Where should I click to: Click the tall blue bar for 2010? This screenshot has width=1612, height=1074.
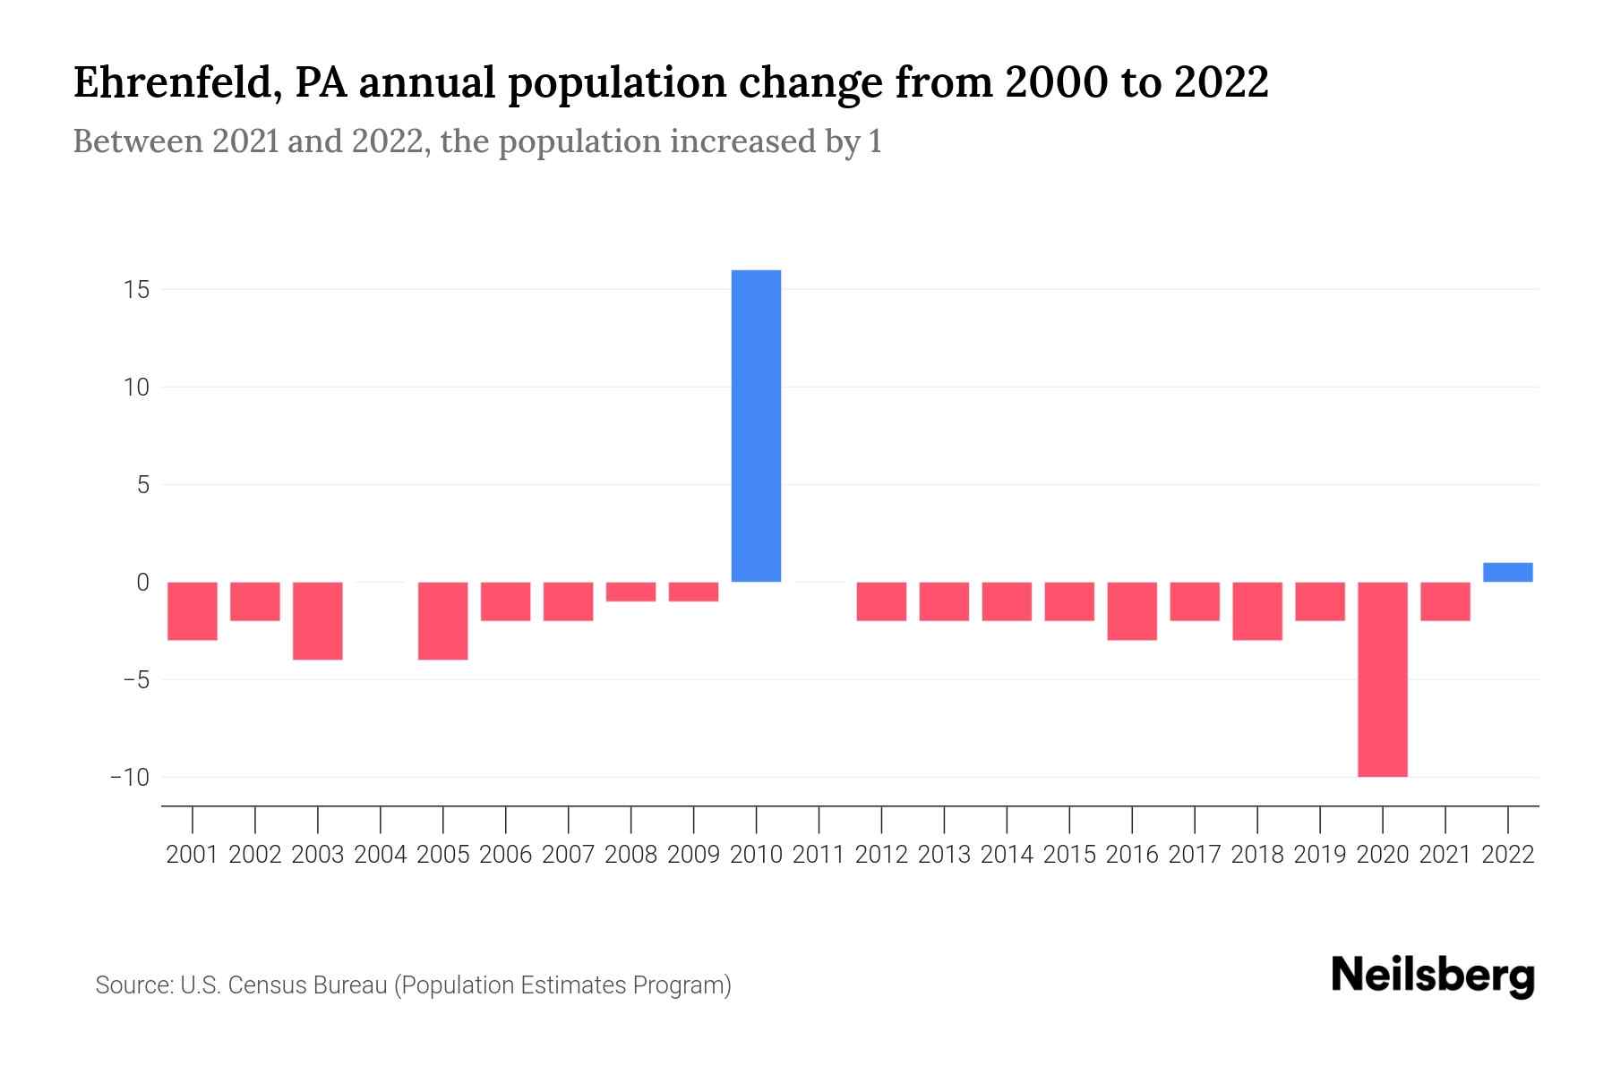(x=756, y=426)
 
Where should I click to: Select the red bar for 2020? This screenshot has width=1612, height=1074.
(x=1382, y=679)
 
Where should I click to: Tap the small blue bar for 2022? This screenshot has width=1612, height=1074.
(x=1507, y=573)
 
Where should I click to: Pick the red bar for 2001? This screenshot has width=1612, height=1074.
(x=193, y=611)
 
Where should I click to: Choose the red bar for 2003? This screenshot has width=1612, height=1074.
(x=318, y=621)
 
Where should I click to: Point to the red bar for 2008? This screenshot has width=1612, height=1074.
(x=630, y=592)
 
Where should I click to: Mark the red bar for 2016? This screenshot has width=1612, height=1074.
(x=1132, y=611)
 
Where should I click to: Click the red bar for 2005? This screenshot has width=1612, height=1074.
(x=443, y=621)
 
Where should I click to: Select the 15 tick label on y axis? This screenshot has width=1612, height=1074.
(x=137, y=290)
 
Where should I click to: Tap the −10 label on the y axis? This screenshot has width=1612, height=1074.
(x=130, y=777)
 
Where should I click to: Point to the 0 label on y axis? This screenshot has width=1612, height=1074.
(x=142, y=583)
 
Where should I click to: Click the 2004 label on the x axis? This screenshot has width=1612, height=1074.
(x=381, y=855)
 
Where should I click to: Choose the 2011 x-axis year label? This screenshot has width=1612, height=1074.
(x=819, y=855)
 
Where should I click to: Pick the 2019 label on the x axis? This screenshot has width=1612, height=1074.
(x=1319, y=855)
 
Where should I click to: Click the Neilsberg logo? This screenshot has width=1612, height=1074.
(x=1433, y=976)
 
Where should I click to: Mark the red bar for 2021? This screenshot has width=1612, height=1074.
(x=1445, y=601)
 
